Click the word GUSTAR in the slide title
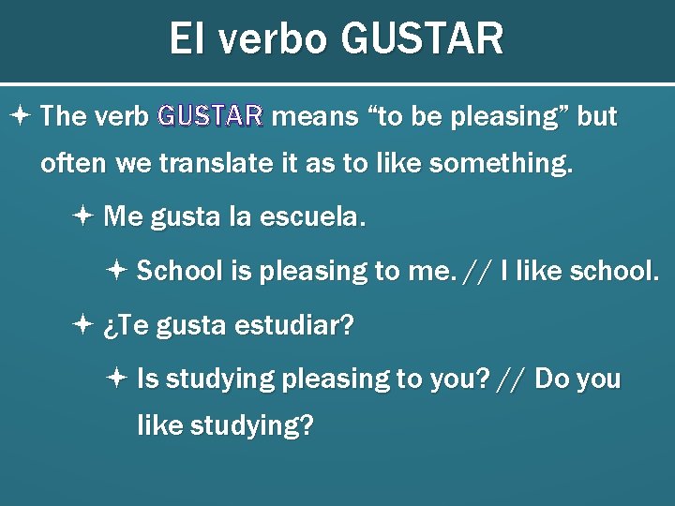point(423,40)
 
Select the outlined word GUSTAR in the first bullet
point(210,116)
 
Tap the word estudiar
point(294,326)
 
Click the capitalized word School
point(180,272)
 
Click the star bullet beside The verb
point(22,116)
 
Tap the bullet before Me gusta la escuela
point(82,217)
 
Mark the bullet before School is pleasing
point(115,272)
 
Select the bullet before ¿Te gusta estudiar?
point(82,326)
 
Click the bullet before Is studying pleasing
point(115,379)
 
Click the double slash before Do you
point(512,379)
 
